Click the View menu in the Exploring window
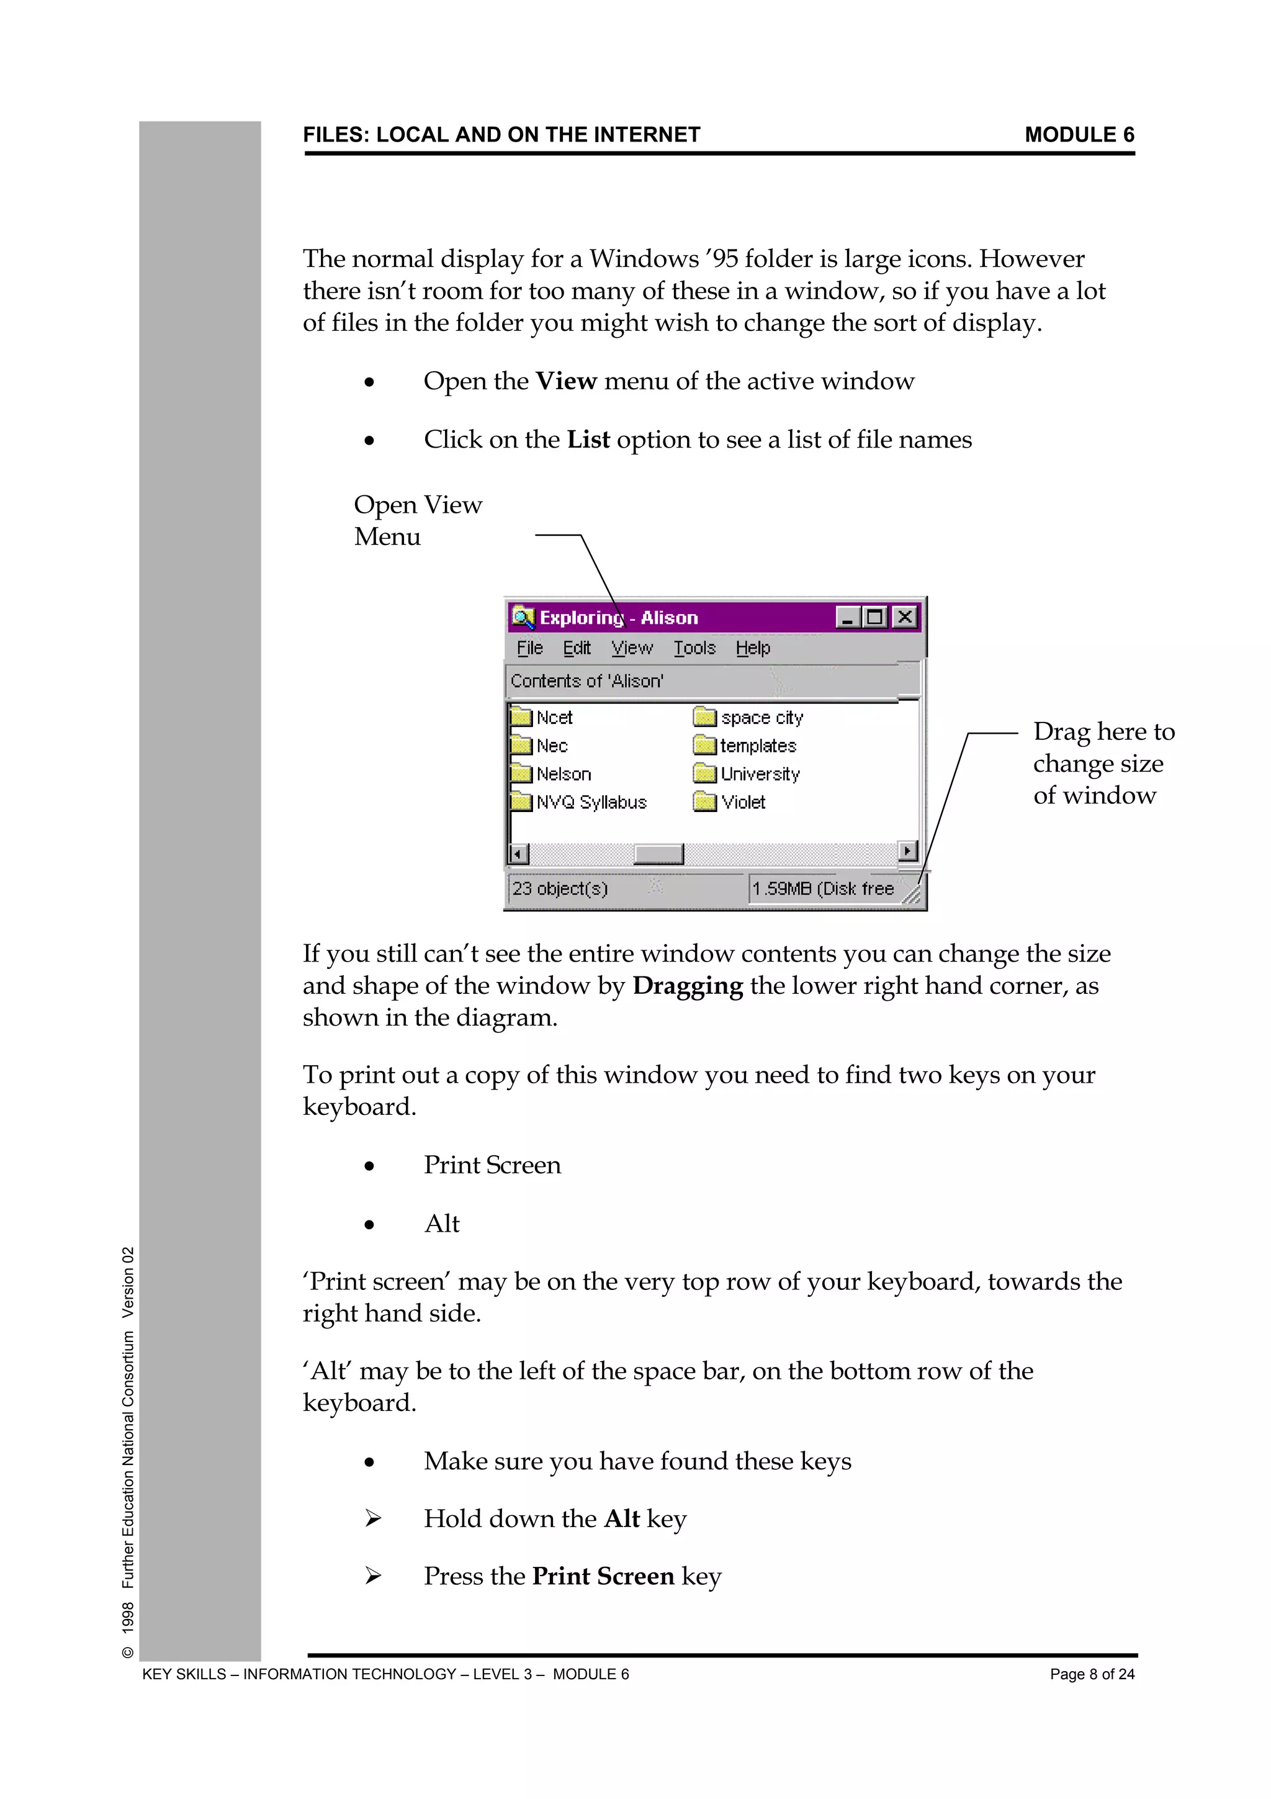tap(631, 648)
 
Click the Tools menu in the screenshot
tap(694, 648)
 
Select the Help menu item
tap(753, 648)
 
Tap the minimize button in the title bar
tap(847, 618)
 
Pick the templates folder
tap(757, 746)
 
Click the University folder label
tap(760, 774)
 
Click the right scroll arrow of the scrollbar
tap(907, 851)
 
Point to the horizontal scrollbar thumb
tap(658, 854)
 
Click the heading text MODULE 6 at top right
tap(1079, 135)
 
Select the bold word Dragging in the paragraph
tap(687, 986)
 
